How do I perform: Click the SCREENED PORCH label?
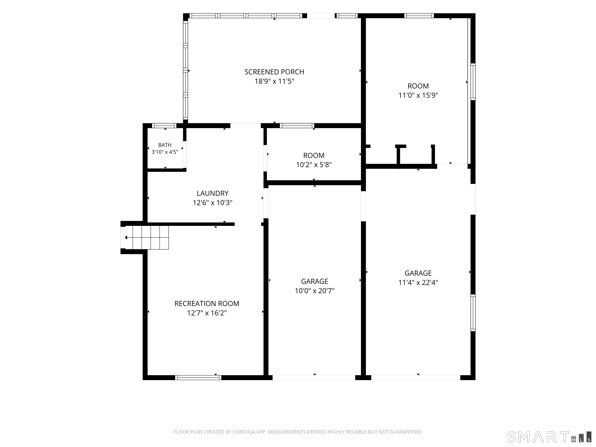click(x=274, y=72)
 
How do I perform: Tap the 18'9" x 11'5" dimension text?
click(x=274, y=81)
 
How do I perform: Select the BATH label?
click(x=165, y=145)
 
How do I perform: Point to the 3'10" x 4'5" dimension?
click(x=165, y=152)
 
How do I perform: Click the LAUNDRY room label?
click(x=213, y=193)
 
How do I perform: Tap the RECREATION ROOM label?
click(x=207, y=304)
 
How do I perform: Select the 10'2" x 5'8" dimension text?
click(x=314, y=165)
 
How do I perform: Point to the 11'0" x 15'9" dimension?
click(x=418, y=95)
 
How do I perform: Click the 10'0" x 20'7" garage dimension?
click(x=315, y=291)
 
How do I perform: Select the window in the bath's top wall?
click(x=164, y=126)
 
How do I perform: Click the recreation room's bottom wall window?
click(x=198, y=378)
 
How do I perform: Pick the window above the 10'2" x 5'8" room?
click(x=297, y=126)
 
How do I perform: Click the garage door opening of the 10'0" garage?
click(x=314, y=378)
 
